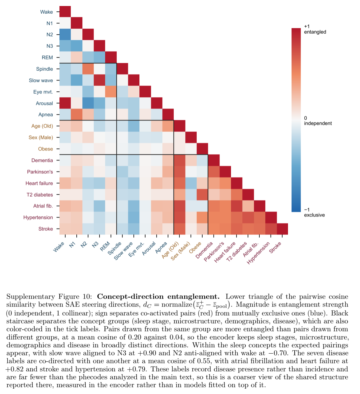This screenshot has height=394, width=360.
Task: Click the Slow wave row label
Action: click(41, 80)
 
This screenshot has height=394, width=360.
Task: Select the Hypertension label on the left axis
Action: click(38, 218)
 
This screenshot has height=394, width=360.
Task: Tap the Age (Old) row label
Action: click(42, 126)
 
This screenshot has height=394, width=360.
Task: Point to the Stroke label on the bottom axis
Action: click(275, 247)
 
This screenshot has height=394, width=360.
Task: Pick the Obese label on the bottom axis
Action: click(195, 248)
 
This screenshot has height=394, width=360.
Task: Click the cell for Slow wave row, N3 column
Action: click(99, 80)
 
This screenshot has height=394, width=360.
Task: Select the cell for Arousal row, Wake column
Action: click(65, 103)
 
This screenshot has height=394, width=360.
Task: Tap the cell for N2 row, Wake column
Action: click(65, 34)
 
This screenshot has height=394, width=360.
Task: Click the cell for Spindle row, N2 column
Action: click(88, 69)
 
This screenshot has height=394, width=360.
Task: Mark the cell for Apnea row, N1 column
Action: click(77, 114)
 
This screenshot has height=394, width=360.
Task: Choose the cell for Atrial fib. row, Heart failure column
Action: click(236, 206)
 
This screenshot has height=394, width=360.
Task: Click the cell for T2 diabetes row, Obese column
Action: click(202, 194)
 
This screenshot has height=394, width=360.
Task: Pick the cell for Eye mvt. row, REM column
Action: click(111, 92)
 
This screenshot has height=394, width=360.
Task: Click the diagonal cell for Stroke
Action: click(282, 229)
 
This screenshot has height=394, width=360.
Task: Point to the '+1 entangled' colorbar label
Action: click(315, 29)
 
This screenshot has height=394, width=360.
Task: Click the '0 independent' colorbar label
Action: click(318, 121)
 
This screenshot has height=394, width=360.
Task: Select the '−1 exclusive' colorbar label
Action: click(314, 212)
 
